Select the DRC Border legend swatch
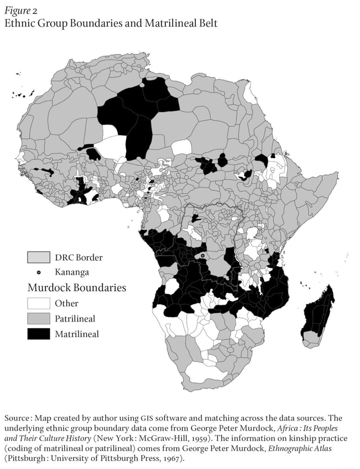[38, 257]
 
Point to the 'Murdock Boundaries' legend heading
[76, 288]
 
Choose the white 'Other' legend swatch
[38, 303]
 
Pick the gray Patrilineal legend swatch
[38, 319]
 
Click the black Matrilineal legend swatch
[38, 334]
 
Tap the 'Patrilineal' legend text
[75, 319]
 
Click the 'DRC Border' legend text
[78, 257]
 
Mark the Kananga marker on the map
[202, 256]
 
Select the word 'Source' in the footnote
[18, 418]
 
